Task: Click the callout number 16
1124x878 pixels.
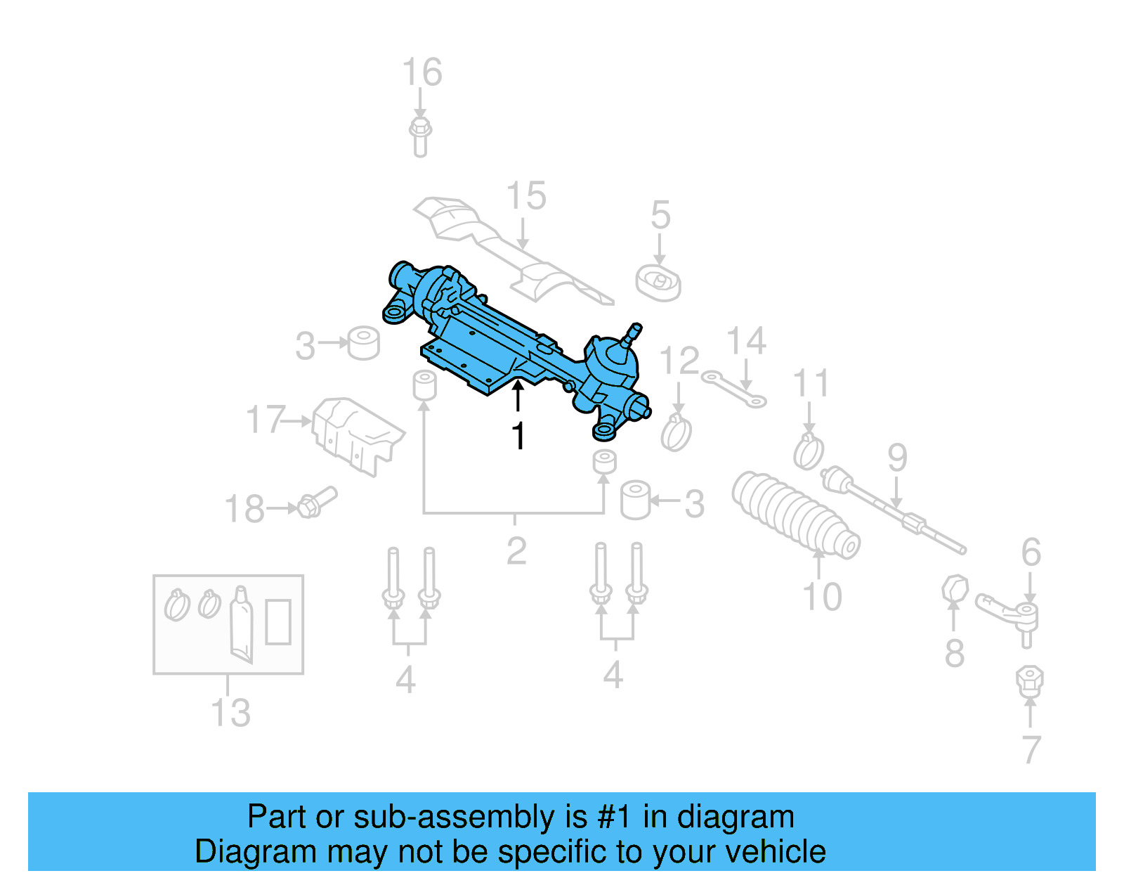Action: tap(422, 72)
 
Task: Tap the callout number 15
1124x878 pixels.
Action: tap(526, 196)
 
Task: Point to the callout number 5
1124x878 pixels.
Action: tap(660, 215)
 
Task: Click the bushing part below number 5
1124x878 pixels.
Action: tap(658, 283)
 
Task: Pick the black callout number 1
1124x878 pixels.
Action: tap(518, 437)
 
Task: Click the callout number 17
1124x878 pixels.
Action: tap(266, 420)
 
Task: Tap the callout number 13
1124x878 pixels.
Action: tap(231, 713)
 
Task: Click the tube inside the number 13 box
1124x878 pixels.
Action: tap(241, 624)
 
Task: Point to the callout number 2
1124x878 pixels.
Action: tap(516, 551)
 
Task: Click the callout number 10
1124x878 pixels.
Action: tap(822, 597)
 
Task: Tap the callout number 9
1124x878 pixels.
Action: tap(898, 458)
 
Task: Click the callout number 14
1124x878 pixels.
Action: tap(746, 341)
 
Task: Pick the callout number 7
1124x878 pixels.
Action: tap(1031, 750)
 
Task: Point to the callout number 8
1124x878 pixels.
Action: tap(954, 654)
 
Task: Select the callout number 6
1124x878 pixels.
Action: tap(1031, 552)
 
